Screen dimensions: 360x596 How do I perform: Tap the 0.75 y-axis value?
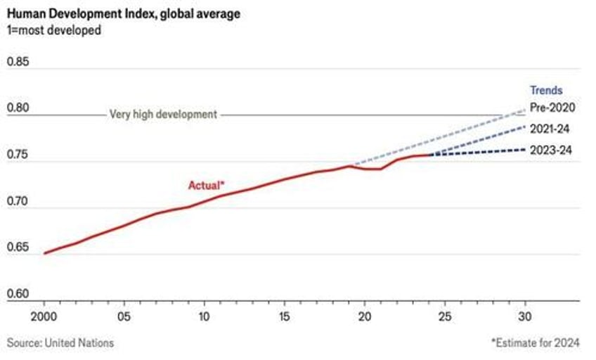pyautogui.click(x=19, y=155)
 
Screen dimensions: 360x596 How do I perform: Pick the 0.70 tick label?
pyautogui.click(x=19, y=201)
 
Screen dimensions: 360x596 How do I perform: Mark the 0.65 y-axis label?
pyautogui.click(x=19, y=247)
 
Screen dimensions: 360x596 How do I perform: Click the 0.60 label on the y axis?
pyautogui.click(x=19, y=294)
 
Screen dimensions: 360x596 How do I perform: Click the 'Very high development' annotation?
pyautogui.click(x=163, y=115)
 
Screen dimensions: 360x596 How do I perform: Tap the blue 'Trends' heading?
pyautogui.click(x=545, y=90)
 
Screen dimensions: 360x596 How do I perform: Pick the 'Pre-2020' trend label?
pyautogui.click(x=552, y=108)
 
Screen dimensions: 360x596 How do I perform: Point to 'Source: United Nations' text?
pyautogui.click(x=60, y=342)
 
